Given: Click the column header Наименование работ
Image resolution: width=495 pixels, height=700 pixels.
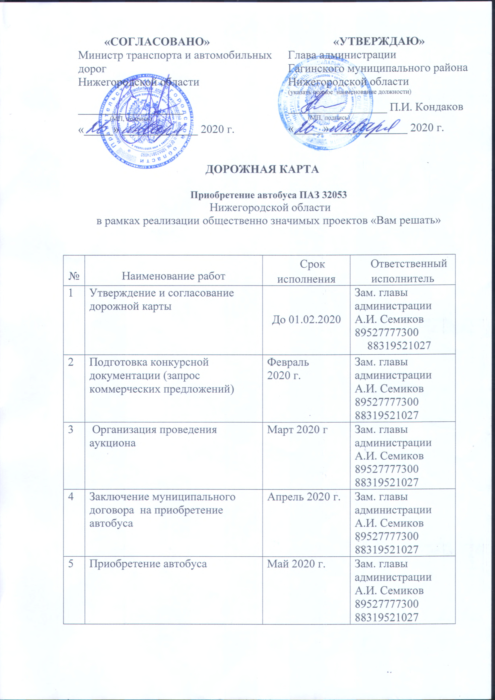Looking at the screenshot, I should click(174, 276).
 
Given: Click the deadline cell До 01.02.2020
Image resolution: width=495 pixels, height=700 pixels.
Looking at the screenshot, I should click(306, 320).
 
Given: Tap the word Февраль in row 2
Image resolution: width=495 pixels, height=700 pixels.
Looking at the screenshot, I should click(288, 363).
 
